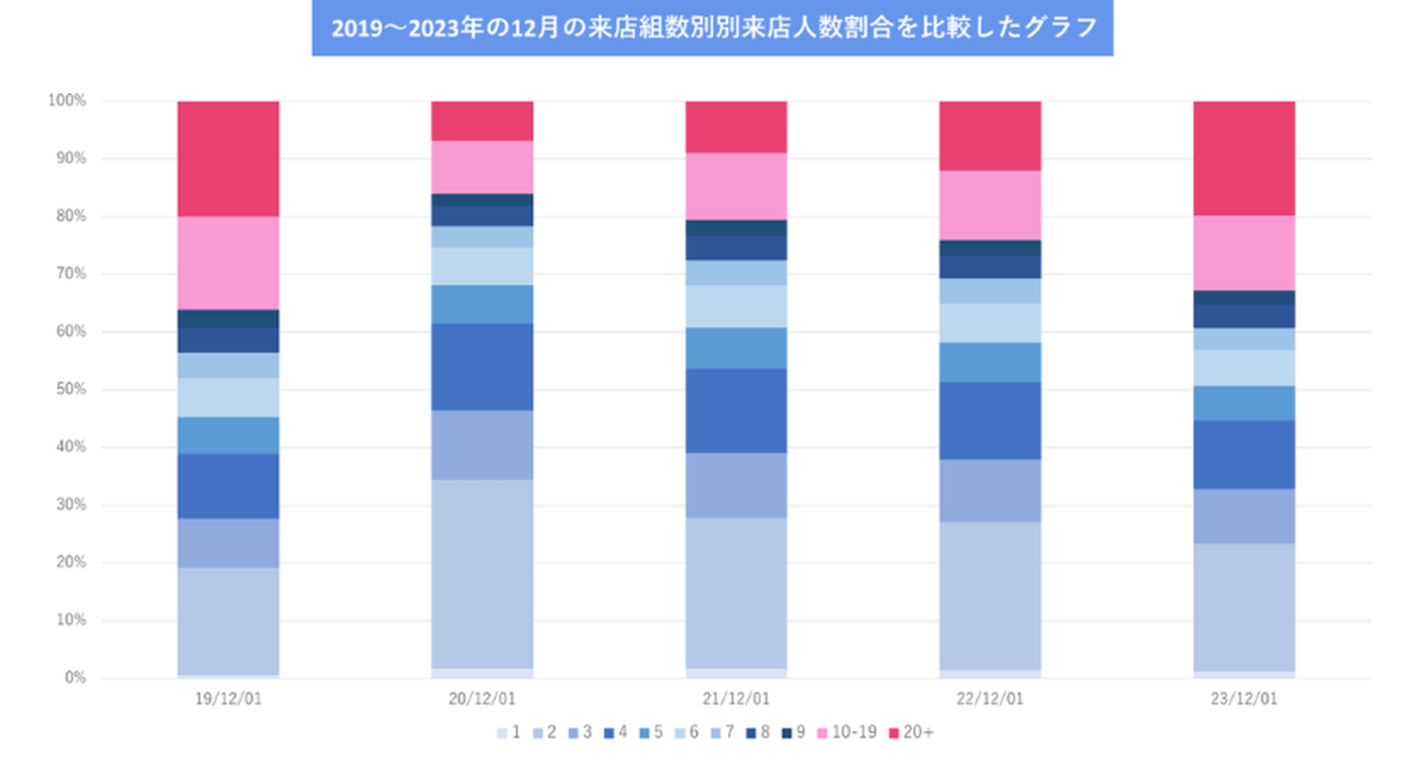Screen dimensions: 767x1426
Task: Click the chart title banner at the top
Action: (x=712, y=29)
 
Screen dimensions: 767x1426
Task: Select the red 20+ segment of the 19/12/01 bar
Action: (x=228, y=158)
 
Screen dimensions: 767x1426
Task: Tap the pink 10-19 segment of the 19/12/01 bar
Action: (x=228, y=262)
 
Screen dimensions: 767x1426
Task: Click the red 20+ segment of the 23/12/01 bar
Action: (x=1244, y=158)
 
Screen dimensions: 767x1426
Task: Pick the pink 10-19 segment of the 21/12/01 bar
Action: (x=736, y=186)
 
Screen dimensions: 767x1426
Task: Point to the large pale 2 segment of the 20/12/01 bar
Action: (x=482, y=574)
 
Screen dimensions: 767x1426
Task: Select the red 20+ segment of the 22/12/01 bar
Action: (x=989, y=136)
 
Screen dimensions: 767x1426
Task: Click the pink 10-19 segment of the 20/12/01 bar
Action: (x=482, y=166)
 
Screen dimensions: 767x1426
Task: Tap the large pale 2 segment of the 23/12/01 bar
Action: (x=1244, y=607)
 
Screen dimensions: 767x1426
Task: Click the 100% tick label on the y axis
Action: (x=67, y=101)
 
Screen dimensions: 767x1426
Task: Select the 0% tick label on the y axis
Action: (x=74, y=678)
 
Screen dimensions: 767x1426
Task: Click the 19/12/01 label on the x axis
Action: (x=229, y=699)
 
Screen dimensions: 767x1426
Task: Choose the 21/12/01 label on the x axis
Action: (x=736, y=699)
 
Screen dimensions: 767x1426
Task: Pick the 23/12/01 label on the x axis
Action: (x=1244, y=699)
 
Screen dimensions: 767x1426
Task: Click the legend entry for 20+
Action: (x=911, y=732)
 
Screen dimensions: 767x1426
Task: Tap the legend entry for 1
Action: (x=509, y=732)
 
